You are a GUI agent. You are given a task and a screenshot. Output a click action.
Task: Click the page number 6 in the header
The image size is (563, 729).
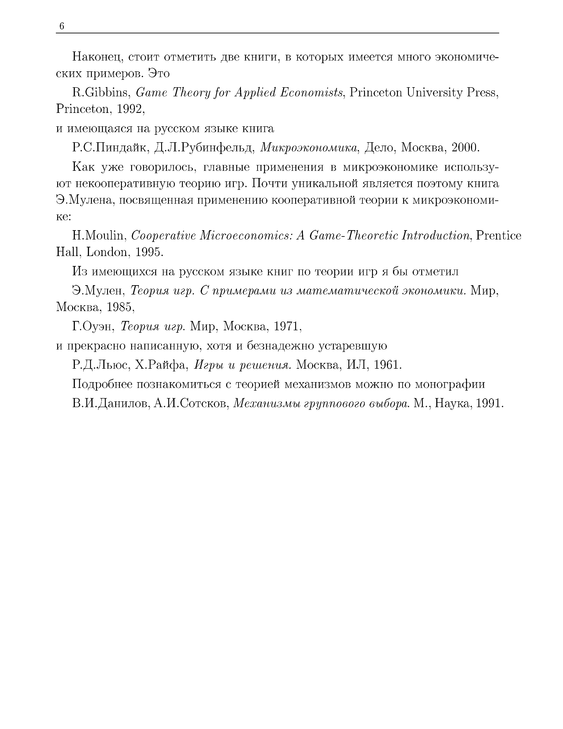pos(61,26)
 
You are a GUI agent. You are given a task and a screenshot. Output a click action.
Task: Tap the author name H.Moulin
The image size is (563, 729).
pos(98,236)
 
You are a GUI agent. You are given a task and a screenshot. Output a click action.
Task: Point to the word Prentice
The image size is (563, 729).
pos(499,236)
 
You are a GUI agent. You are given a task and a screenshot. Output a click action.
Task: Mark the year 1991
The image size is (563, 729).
pos(489,404)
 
